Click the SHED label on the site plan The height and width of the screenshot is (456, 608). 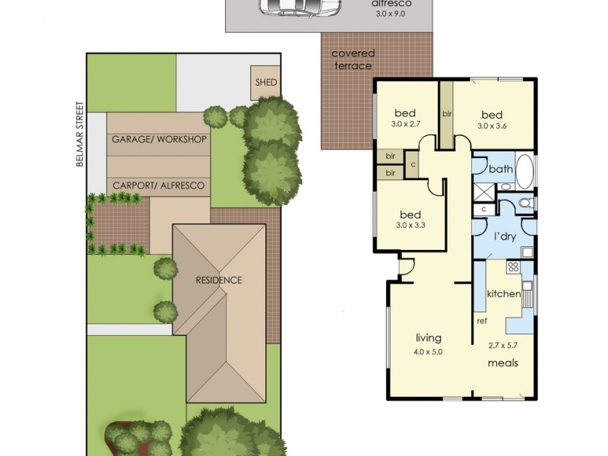(x=265, y=83)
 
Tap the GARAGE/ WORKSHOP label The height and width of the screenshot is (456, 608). (x=160, y=140)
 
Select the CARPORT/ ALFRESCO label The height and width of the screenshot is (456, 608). (x=159, y=185)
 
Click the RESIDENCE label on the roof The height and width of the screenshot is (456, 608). (x=219, y=280)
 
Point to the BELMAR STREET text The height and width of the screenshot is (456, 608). (x=88, y=137)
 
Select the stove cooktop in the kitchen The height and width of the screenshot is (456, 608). (x=513, y=267)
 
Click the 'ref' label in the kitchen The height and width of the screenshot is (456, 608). (x=482, y=321)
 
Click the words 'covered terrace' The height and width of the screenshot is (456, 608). (x=353, y=59)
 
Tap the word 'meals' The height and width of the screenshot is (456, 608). (x=502, y=363)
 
